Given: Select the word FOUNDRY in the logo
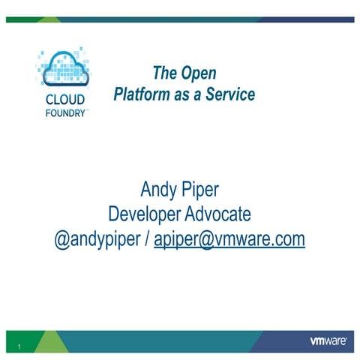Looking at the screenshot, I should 65,113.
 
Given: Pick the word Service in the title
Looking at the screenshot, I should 229,95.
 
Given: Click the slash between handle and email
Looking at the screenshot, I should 147,238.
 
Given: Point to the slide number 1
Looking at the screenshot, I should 19,346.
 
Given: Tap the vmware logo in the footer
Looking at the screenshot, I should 328,341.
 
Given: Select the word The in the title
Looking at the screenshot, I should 164,73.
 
